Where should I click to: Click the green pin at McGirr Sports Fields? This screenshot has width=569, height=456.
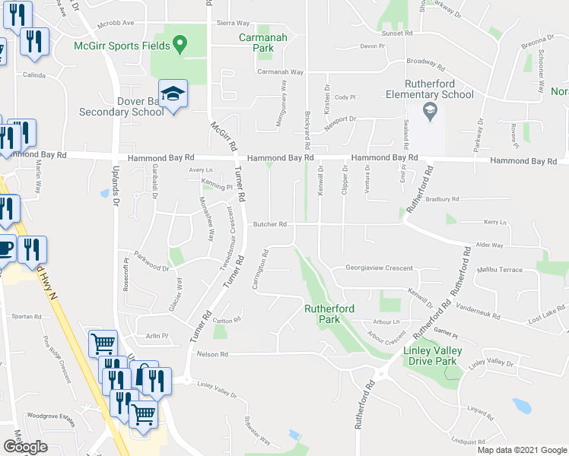(x=179, y=44)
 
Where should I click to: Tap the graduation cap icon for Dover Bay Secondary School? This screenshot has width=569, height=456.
(x=173, y=94)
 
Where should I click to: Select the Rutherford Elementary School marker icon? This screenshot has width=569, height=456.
(x=430, y=112)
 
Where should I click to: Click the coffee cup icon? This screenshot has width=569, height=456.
(x=5, y=249)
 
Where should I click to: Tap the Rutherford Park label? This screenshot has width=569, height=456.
(x=332, y=314)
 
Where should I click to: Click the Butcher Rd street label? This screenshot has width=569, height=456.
(x=270, y=224)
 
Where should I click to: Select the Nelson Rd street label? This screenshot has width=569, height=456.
(x=213, y=354)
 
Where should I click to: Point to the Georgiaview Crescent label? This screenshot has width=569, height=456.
(x=378, y=268)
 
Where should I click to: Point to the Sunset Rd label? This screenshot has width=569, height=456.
(x=398, y=33)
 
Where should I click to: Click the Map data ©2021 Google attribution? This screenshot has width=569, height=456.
(x=521, y=450)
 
